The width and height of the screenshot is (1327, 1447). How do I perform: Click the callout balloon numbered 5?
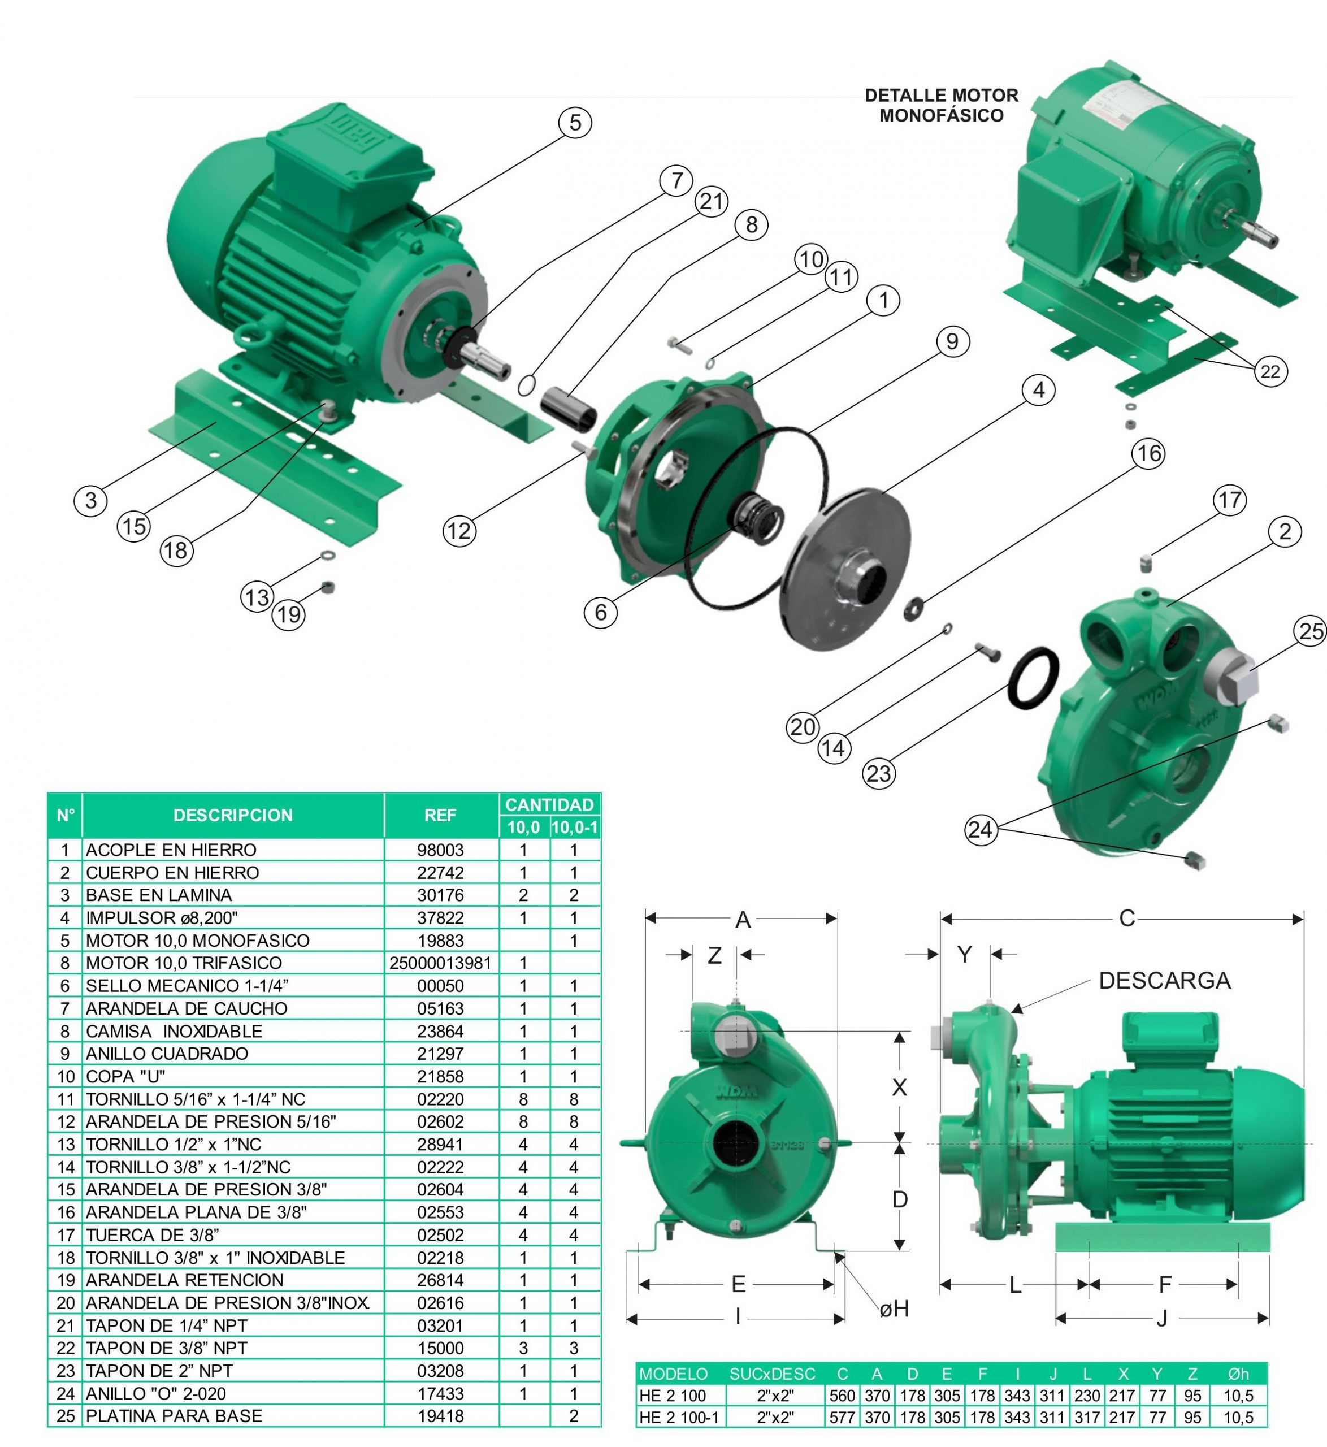coord(575,123)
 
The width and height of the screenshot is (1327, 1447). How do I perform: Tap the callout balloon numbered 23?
coord(879,774)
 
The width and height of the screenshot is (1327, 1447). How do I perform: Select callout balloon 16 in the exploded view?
coord(1148,454)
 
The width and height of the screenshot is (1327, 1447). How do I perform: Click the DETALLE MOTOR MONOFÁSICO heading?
coord(942,106)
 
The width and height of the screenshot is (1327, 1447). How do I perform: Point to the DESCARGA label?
coord(1165,980)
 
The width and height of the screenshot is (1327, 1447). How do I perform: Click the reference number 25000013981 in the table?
coord(440,963)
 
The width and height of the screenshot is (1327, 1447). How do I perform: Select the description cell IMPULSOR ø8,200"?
coord(162,918)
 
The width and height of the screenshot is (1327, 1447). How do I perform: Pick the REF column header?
coord(440,815)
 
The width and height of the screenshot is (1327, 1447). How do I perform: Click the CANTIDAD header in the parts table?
coord(549,804)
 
